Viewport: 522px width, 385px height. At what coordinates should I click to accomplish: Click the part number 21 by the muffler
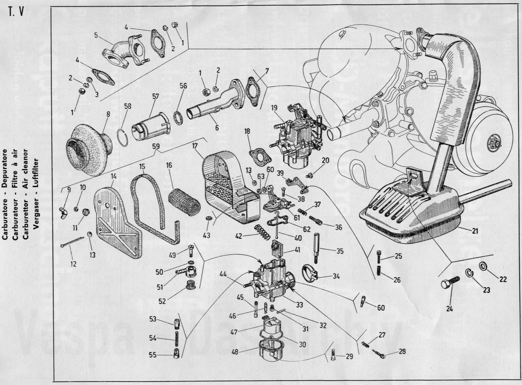pos(475,231)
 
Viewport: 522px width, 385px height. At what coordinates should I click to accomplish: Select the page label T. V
pos(16,12)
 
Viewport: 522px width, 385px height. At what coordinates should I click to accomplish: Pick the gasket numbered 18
pos(258,155)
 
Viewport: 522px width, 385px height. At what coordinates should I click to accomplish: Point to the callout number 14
pos(114,176)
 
